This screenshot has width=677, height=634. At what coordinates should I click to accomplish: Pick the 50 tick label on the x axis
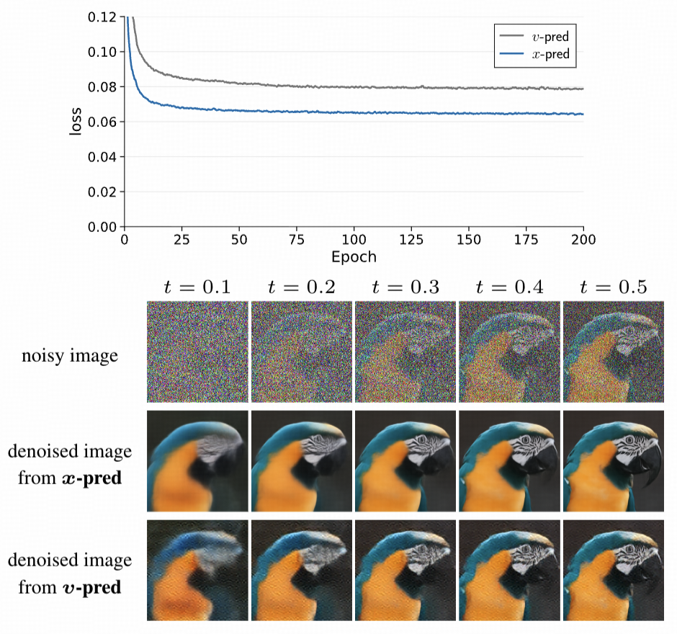(239, 239)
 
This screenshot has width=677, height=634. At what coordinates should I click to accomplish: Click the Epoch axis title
(354, 256)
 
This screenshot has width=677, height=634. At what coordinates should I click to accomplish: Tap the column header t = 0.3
(405, 287)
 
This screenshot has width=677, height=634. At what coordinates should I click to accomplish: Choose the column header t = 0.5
(614, 287)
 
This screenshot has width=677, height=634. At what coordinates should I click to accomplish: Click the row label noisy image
(70, 355)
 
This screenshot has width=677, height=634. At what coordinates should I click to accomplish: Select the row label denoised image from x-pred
(70, 464)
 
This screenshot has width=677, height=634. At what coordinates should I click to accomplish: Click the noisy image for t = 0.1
(197, 352)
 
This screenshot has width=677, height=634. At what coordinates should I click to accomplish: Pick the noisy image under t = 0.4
(509, 352)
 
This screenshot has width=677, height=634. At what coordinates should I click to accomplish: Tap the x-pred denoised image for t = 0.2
(301, 461)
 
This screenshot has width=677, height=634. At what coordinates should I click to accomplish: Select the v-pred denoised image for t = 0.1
(197, 570)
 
